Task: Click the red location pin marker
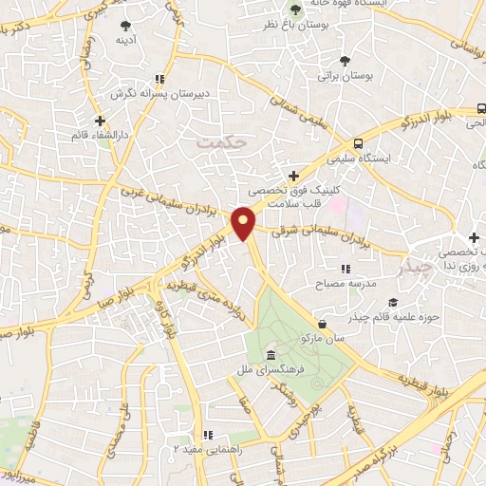244,222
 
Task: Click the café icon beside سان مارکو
324,324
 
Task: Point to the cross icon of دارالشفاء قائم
100,121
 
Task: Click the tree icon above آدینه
125,26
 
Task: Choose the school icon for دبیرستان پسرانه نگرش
159,80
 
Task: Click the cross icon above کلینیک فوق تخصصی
294,176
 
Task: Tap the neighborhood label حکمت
221,142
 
